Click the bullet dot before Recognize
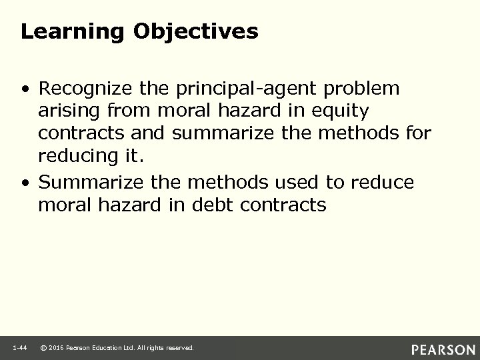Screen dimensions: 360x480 [x=25, y=89]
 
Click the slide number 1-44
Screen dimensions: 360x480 [x=20, y=347]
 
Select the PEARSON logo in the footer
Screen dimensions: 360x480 [x=443, y=349]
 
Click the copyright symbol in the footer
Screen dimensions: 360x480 [x=43, y=347]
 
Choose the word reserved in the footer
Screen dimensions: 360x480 [x=179, y=347]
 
